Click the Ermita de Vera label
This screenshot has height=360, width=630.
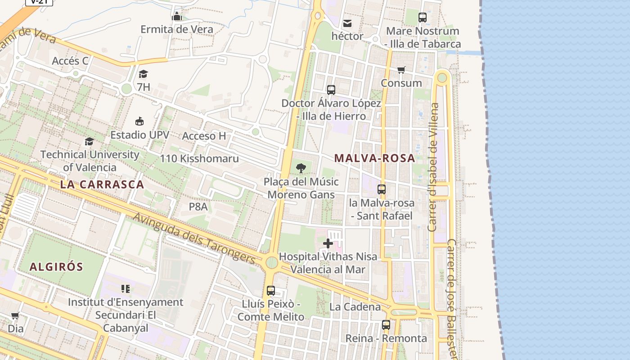click(176, 29)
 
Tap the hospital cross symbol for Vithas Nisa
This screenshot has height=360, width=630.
click(328, 243)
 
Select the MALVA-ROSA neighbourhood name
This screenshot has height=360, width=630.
click(374, 158)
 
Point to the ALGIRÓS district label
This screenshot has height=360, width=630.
click(56, 267)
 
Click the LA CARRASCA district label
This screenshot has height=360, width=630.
click(102, 184)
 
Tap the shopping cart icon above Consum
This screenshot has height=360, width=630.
click(401, 70)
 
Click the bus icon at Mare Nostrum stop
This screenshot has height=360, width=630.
click(422, 18)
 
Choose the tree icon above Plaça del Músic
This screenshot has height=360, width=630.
click(301, 168)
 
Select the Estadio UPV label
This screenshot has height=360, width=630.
click(140, 135)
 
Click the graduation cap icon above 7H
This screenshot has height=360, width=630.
click(143, 74)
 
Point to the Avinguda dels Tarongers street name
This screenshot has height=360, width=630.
click(194, 238)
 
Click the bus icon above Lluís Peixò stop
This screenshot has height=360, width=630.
click(270, 291)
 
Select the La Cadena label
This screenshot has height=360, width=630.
click(355, 307)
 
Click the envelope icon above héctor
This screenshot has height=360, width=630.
click(347, 23)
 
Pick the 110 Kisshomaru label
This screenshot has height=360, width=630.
click(199, 158)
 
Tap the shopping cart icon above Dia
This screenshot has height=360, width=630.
click(15, 315)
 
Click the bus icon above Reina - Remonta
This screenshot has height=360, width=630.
click(386, 324)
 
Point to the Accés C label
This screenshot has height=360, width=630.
click(70, 61)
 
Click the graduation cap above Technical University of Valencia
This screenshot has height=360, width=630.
click(90, 141)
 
